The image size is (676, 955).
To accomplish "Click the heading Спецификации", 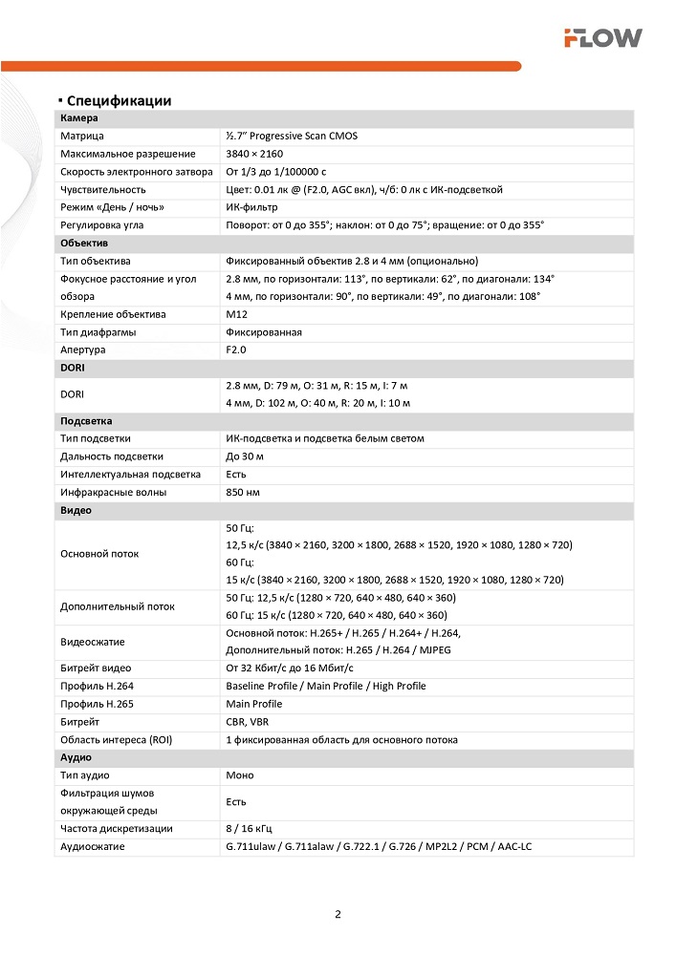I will [x=119, y=100].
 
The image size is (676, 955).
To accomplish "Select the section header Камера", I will [x=78, y=118].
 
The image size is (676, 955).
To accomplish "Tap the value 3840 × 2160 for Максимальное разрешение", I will [x=254, y=154].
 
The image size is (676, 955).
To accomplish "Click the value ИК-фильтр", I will [x=253, y=207].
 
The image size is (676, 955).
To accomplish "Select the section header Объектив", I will [x=83, y=243].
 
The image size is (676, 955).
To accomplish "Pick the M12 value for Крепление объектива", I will [x=236, y=314].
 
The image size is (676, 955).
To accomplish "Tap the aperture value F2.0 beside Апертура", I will [x=236, y=350].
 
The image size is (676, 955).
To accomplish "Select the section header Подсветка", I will [x=88, y=421].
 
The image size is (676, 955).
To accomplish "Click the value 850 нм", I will [x=243, y=492].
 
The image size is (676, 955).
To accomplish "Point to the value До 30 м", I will [x=245, y=456].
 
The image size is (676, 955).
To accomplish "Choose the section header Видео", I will [x=76, y=510].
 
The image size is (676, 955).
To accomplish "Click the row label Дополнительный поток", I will [x=118, y=605].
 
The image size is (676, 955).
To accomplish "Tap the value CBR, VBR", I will [x=248, y=722].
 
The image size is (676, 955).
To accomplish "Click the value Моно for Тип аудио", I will [x=240, y=775].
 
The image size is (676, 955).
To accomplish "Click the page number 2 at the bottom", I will [x=338, y=914].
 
